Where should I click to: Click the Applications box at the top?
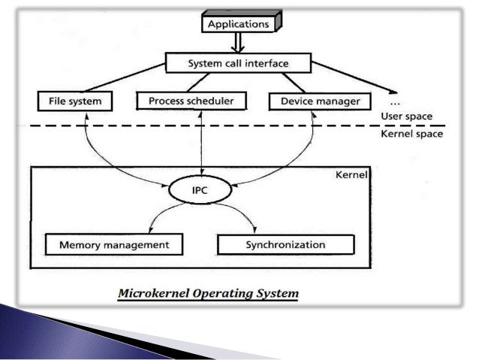click(x=238, y=23)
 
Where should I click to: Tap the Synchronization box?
click(x=285, y=245)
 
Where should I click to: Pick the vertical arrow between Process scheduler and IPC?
click(x=200, y=143)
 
